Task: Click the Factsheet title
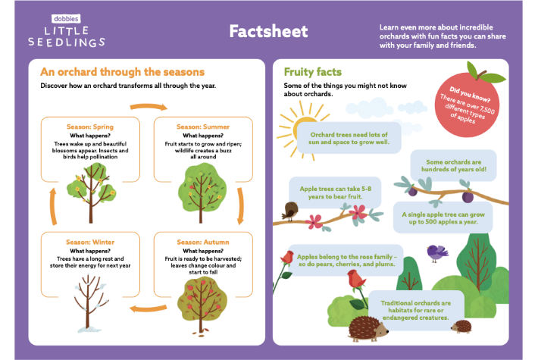[x=269, y=31]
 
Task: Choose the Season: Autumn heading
[x=202, y=242]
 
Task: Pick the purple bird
[x=436, y=250]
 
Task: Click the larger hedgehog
[x=369, y=328]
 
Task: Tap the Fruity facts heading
[x=312, y=72]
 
